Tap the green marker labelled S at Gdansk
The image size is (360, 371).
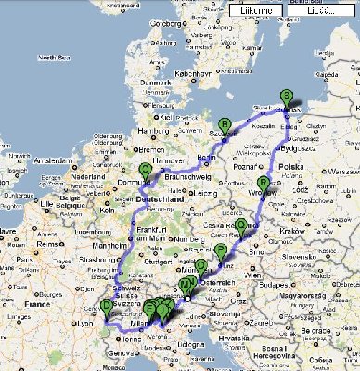pos(286,96)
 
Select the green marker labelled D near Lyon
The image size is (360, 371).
pos(107,306)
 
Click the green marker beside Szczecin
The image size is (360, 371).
pos(224,125)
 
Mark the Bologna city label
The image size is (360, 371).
pos(179,345)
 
